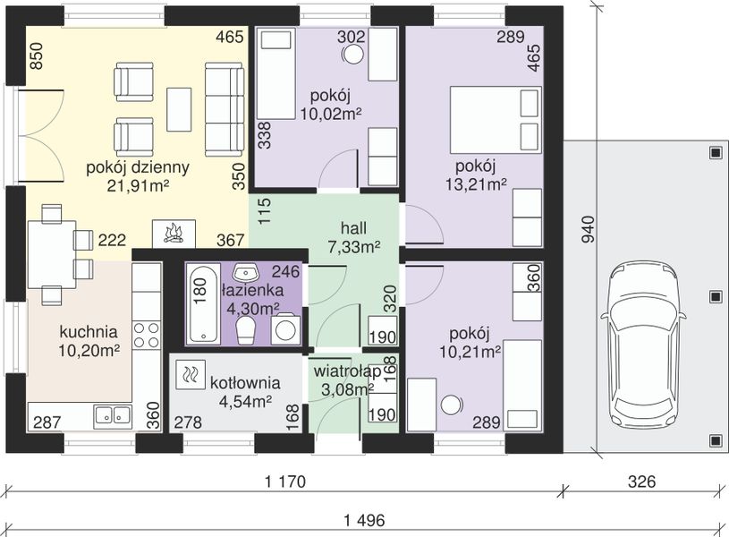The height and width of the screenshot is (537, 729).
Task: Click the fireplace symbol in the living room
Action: click(174, 234)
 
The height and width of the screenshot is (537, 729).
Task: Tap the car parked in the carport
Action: click(643, 345)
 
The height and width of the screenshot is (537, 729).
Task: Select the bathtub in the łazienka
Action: click(203, 303)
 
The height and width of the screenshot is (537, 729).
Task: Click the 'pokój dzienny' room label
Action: click(138, 167)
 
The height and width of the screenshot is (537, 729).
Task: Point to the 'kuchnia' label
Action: click(89, 332)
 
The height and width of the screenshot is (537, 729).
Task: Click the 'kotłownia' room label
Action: click(245, 383)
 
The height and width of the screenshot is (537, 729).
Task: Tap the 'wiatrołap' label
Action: click(347, 371)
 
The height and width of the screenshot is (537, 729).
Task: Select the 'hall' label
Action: click(354, 228)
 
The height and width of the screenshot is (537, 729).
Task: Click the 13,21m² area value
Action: click(476, 184)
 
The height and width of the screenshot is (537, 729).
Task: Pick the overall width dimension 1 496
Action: click(365, 520)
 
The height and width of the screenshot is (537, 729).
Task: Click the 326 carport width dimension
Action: click(641, 482)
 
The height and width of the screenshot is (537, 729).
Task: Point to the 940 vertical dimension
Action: click(589, 229)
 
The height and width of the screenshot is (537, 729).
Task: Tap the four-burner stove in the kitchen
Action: click(147, 336)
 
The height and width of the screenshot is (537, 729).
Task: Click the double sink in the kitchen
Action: click(113, 416)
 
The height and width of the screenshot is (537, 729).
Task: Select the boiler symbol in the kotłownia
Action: click(191, 375)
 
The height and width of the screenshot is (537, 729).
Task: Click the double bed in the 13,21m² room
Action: click(496, 120)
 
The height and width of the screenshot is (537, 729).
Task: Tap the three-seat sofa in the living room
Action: click(225, 110)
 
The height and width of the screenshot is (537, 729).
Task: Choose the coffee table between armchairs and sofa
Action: click(179, 110)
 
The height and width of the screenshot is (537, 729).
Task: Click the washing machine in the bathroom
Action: click(285, 329)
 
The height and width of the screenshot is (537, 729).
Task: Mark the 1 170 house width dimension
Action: click(286, 482)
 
